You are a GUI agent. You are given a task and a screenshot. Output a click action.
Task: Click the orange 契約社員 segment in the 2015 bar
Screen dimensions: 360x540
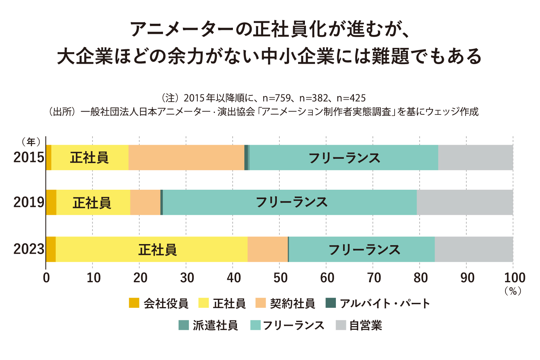tap(186, 158)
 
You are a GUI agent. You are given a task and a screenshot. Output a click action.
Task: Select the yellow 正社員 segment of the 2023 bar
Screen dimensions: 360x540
tap(108, 249)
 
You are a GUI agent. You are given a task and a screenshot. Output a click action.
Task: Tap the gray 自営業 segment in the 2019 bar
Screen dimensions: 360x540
tap(464, 202)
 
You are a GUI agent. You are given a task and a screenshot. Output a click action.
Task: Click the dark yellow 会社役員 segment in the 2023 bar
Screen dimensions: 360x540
tap(51, 249)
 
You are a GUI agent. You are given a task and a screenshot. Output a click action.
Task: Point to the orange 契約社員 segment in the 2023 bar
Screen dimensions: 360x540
tap(267, 249)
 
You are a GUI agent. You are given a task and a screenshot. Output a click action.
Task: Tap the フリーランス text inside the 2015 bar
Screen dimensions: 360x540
tap(344, 158)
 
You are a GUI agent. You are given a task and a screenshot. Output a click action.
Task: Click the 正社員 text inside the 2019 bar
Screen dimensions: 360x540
tap(92, 203)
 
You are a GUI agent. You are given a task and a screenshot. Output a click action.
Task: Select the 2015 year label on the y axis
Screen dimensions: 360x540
tap(29, 158)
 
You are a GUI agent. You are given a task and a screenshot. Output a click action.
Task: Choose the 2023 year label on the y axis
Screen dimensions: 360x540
tap(29, 249)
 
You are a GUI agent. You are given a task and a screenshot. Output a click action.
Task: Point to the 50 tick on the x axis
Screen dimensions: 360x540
tap(280, 278)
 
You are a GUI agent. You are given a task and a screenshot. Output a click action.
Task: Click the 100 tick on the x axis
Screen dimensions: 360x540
tap(514, 278)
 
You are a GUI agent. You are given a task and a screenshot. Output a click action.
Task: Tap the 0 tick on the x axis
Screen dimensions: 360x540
tap(46, 278)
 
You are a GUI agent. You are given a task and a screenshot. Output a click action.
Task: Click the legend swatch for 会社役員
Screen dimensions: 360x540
tap(134, 303)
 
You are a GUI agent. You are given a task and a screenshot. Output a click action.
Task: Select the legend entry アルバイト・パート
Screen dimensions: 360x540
tap(384, 303)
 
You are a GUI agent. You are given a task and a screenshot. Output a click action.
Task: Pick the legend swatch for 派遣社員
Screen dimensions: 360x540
tap(184, 325)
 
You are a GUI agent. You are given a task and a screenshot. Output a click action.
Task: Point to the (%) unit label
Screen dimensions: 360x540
tap(513, 291)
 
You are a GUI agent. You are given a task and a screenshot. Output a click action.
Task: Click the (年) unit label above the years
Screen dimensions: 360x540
tap(31, 142)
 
